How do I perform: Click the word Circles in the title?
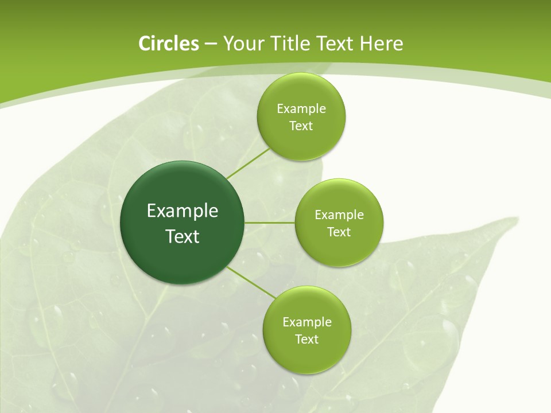[x=168, y=44]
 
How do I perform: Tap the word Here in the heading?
[x=381, y=44]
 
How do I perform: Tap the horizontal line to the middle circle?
[x=269, y=223]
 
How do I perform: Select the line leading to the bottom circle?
[x=251, y=283]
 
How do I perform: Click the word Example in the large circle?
[x=183, y=211]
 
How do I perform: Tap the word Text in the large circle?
[x=183, y=236]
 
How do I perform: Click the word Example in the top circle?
[x=301, y=109]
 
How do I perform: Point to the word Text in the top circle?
[x=301, y=126]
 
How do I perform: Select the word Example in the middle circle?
[x=339, y=215]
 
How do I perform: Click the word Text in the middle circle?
[x=339, y=232]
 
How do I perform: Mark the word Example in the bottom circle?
[x=306, y=322]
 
